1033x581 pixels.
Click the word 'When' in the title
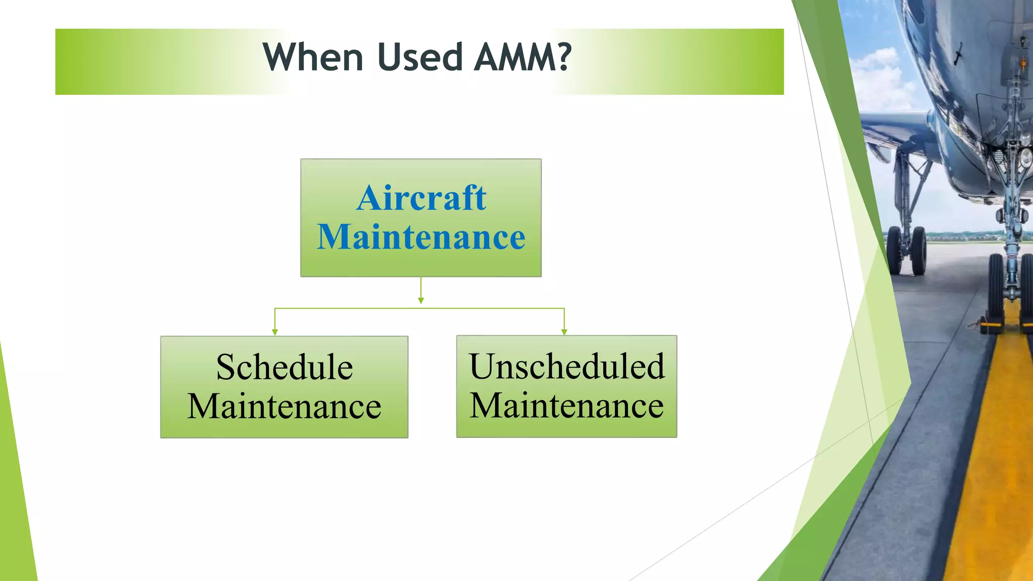[x=313, y=57]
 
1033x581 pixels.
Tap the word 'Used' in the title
[x=420, y=57]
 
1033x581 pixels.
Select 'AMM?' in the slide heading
[x=523, y=57]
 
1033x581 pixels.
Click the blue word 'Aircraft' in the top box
[x=421, y=198]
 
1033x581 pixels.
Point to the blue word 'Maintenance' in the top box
[x=421, y=237]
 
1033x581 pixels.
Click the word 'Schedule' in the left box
[x=284, y=367]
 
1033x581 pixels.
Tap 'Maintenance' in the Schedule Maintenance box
[x=284, y=406]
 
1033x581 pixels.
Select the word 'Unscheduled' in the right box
[x=567, y=366]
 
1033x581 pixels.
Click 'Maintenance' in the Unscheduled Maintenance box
[x=567, y=405]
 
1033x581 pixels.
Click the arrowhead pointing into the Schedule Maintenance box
[x=275, y=332]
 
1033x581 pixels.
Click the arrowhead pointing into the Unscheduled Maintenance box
[x=564, y=332]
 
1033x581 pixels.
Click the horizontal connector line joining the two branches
[x=353, y=308]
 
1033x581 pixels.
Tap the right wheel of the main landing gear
[x=919, y=251]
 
